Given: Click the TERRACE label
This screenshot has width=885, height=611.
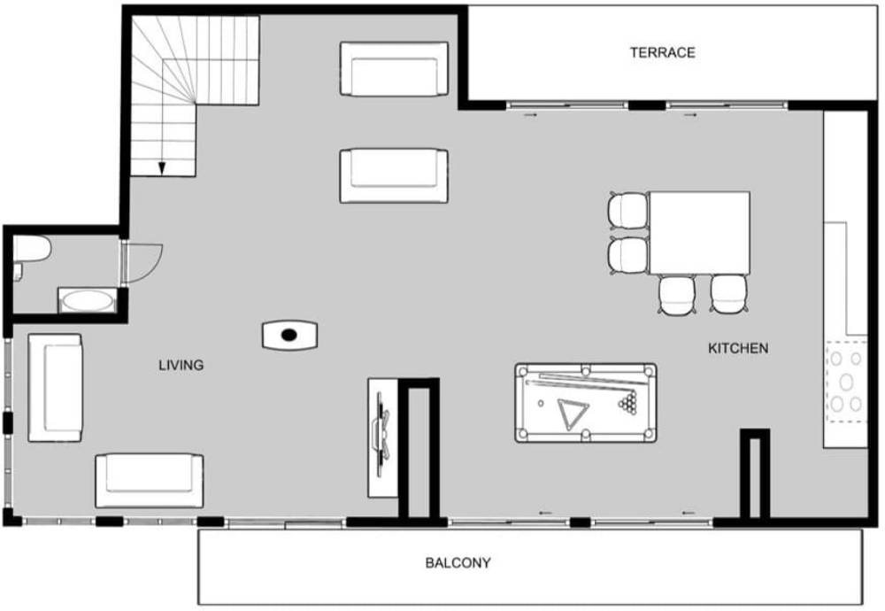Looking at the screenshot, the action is point(662,52).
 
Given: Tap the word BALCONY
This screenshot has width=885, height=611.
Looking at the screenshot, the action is point(458,562).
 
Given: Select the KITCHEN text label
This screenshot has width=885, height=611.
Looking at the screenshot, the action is point(738,348).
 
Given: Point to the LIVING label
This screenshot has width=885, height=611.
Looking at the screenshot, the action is point(181,365).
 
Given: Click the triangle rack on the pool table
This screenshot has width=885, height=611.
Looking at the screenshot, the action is point(573,414).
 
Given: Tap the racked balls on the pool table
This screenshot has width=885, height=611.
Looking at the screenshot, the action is point(628,401).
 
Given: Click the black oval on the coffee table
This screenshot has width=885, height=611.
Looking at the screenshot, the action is point(289,335).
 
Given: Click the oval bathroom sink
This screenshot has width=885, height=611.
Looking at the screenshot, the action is point(87,301).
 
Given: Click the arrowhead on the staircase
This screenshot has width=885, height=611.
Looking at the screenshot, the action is point(162,168).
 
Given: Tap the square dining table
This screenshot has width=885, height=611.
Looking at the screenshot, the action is point(699,233).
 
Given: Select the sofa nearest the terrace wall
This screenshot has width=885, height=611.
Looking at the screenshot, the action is point(394,68).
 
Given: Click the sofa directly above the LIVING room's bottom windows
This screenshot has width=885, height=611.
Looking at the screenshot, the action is point(149,481).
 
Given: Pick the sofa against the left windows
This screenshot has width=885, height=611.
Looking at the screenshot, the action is point(55,387).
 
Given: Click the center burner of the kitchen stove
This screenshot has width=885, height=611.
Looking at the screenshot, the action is point(845,383).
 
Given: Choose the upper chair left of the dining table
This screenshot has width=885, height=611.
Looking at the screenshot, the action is point(627,211).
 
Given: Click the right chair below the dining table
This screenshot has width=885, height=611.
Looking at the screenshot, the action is point(729,294).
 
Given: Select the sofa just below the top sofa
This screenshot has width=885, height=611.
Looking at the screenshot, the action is point(394,175).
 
